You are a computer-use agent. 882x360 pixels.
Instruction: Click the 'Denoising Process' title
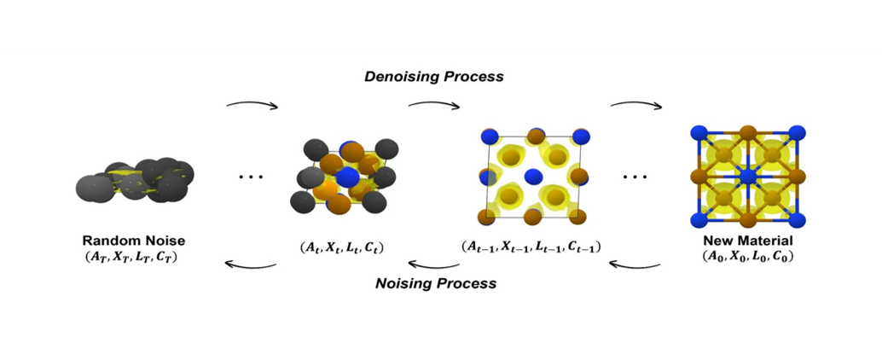[x=434, y=76]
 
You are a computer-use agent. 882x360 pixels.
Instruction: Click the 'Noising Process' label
[x=437, y=282]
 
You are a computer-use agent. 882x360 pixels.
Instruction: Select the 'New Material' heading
[x=747, y=241]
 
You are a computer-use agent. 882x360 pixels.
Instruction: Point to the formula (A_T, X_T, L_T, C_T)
[x=134, y=255]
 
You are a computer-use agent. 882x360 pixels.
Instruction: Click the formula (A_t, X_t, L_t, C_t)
[x=341, y=248]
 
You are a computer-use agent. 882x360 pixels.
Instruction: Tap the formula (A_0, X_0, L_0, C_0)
[x=747, y=256]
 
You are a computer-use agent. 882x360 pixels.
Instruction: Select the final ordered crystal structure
[x=747, y=177]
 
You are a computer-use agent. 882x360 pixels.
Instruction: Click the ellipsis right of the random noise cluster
[x=250, y=177]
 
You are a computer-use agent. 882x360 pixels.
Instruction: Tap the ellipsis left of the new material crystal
[x=635, y=177]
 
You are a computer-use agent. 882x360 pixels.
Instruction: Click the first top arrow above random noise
[x=252, y=105]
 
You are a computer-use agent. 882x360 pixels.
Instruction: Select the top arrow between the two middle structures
[x=433, y=106]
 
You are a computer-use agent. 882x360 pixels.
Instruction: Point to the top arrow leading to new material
[x=636, y=106]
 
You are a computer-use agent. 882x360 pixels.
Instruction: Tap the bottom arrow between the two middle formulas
[x=433, y=264]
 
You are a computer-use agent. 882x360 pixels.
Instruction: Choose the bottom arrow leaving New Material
[x=636, y=264]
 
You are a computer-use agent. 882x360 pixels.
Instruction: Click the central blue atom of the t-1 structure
[x=533, y=177]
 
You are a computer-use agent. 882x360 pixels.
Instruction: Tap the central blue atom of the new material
[x=747, y=177]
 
